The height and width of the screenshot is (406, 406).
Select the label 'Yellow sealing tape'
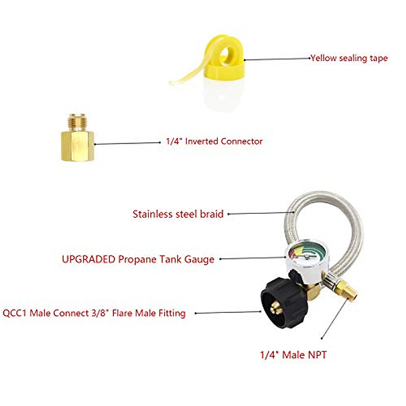coord(349,58)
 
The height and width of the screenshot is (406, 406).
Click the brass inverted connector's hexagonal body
coord(77,146)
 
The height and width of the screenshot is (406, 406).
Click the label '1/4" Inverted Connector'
coord(214,141)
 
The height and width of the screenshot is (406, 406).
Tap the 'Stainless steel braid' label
coord(178,214)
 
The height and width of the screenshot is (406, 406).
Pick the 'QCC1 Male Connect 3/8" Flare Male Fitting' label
coord(94,313)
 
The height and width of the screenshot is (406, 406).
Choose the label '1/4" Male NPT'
coord(293,355)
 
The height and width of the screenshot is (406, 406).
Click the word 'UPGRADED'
coord(89,259)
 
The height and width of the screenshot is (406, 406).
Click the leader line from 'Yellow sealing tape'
coord(277,59)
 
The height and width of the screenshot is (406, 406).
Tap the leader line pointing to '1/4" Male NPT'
coord(334,321)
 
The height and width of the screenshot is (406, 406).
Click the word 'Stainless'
coord(152,214)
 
